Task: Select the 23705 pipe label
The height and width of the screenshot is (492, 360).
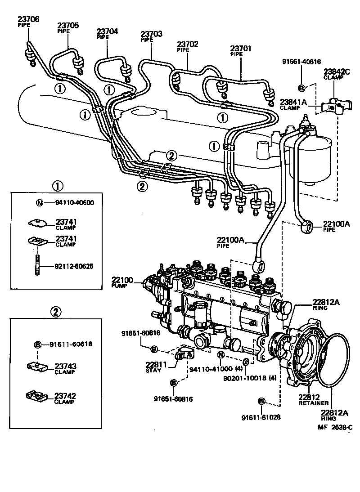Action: coord(67,25)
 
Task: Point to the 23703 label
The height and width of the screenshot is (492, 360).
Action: coord(151,34)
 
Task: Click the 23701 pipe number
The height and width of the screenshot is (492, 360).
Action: coord(242,48)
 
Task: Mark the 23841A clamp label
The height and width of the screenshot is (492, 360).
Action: coord(293,102)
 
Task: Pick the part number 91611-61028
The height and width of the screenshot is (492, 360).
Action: coord(261,417)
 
